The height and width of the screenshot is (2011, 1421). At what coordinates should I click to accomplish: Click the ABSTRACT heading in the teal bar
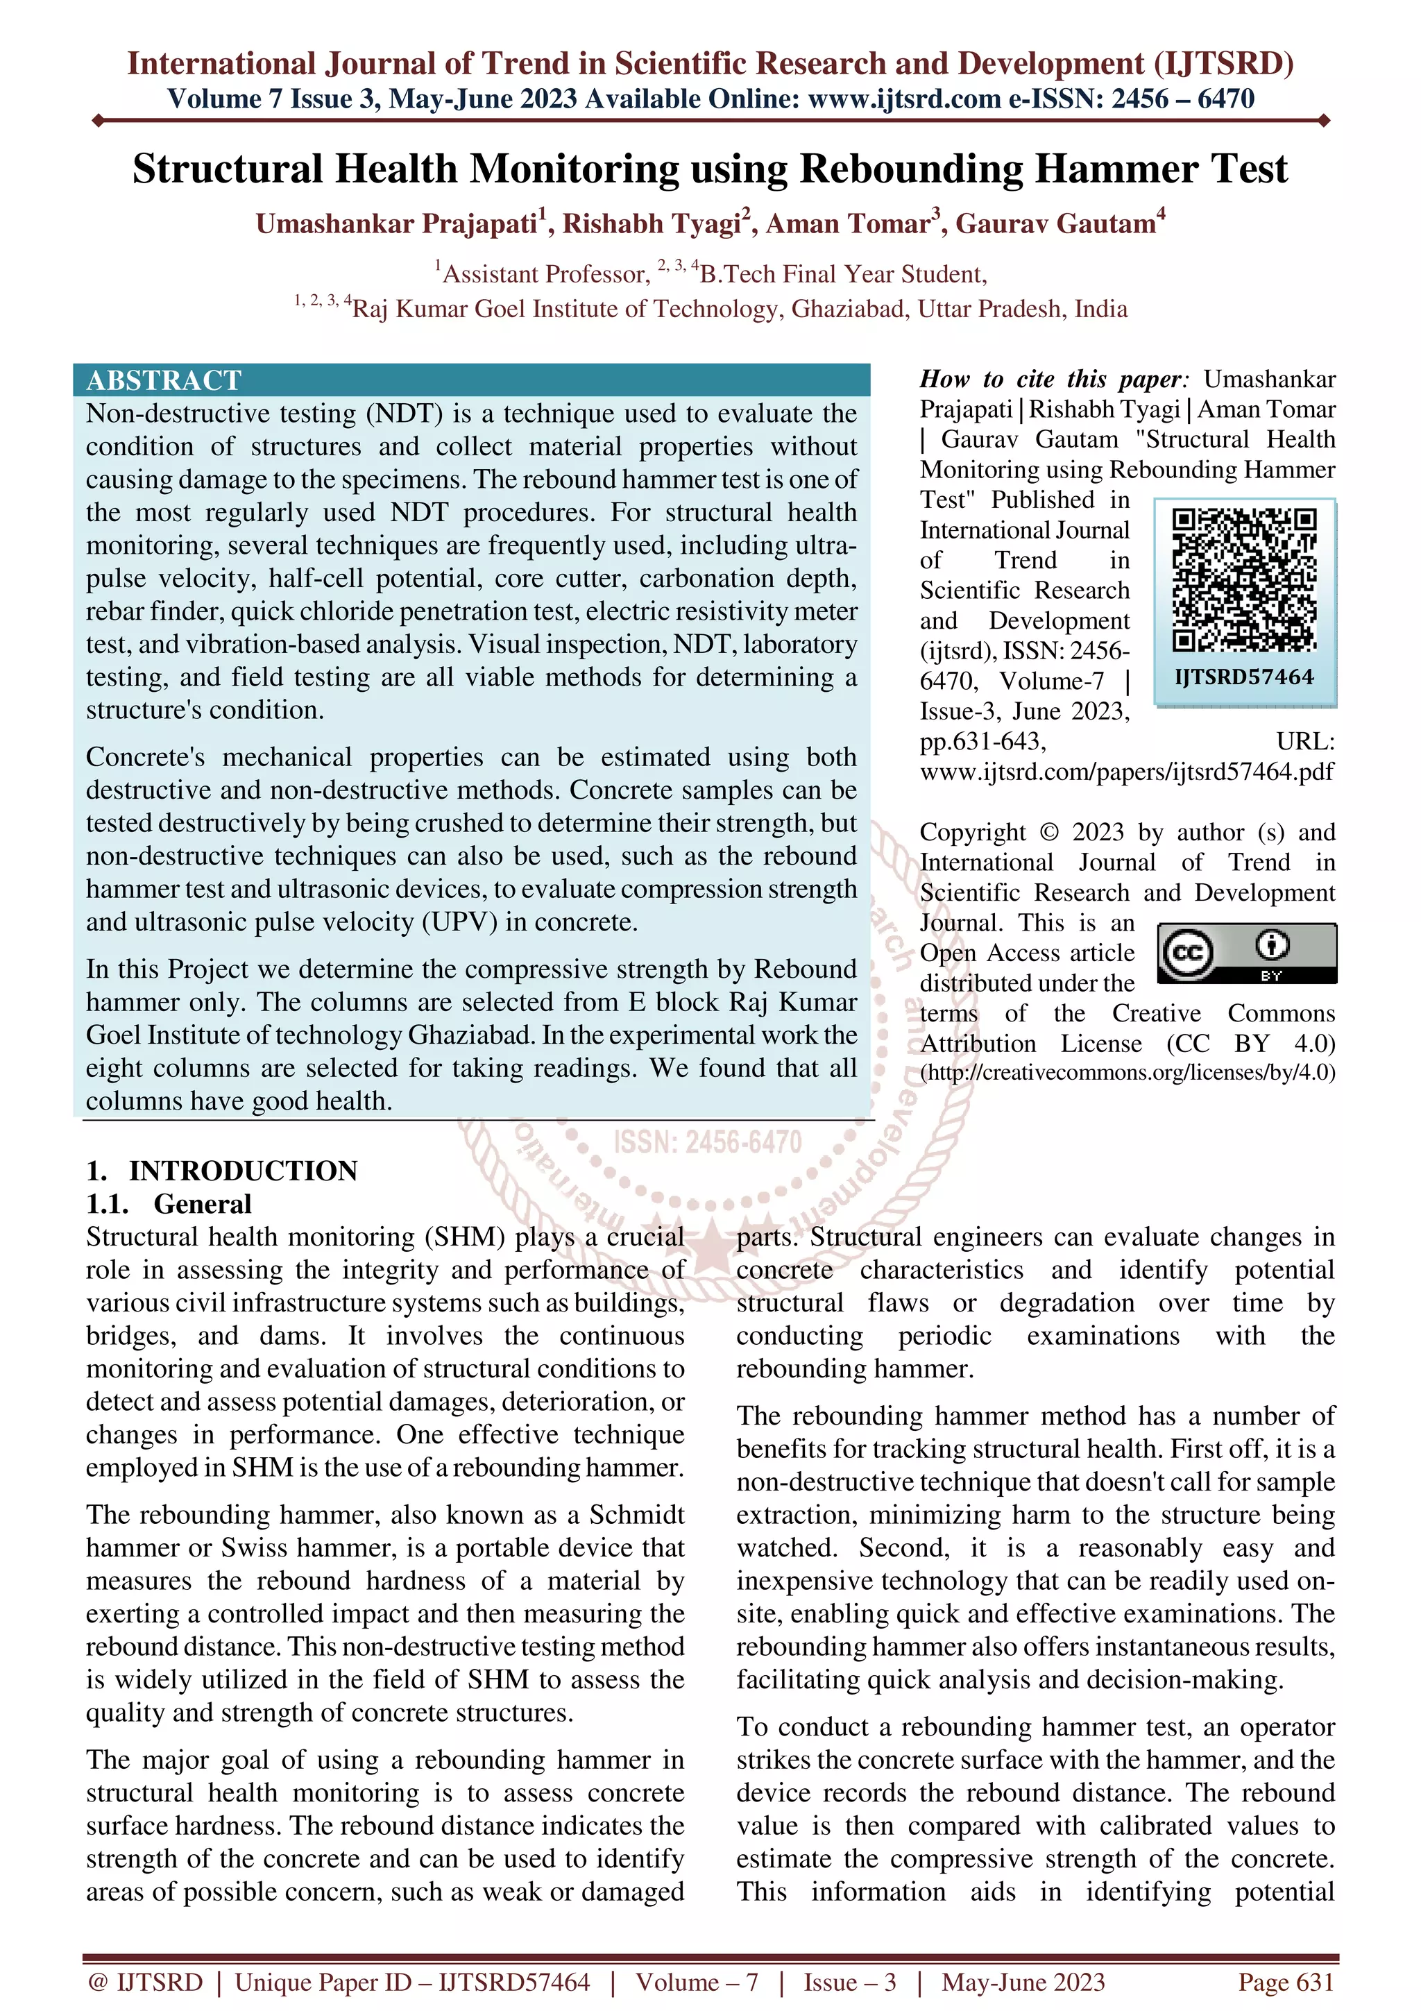(x=164, y=380)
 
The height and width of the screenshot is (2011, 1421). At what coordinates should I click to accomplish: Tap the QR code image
(x=1244, y=580)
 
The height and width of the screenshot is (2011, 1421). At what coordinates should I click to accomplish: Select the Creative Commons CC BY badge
(x=1247, y=953)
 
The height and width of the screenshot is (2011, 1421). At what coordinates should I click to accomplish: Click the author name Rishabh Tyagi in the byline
(x=652, y=224)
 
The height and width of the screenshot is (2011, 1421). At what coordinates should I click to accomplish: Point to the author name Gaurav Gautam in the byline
(x=1055, y=224)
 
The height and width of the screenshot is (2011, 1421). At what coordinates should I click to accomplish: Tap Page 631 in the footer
(x=1285, y=1982)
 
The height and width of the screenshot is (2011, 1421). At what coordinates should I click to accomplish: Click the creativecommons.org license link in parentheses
(x=1127, y=1073)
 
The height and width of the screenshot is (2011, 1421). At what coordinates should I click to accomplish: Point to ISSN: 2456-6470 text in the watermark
(x=708, y=1142)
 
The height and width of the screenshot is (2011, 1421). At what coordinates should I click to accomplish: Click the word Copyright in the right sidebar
(x=972, y=832)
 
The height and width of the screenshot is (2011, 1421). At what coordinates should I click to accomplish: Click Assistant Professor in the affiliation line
(x=545, y=274)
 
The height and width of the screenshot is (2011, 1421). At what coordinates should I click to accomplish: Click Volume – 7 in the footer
(x=697, y=1982)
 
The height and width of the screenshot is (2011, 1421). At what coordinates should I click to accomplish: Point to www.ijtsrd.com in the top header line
(x=905, y=99)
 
